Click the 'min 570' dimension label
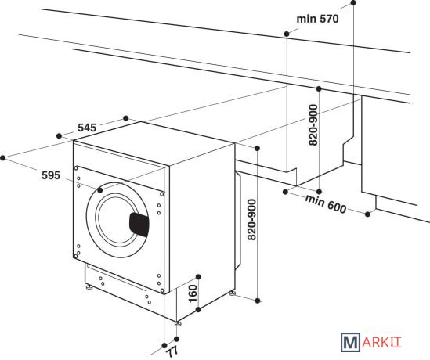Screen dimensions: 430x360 coord(317,19)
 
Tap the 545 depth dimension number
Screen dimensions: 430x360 coord(87,128)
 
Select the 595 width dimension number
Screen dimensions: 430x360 coord(51,175)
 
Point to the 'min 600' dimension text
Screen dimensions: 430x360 coord(326,203)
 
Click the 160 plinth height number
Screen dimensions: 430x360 coord(193,293)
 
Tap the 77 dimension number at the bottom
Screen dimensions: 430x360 coord(173,351)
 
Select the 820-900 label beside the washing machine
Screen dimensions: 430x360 coord(251,220)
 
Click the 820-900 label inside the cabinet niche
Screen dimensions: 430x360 coord(313,125)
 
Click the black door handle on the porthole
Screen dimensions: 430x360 coord(139,225)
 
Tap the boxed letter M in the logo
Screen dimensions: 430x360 coord(350,342)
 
